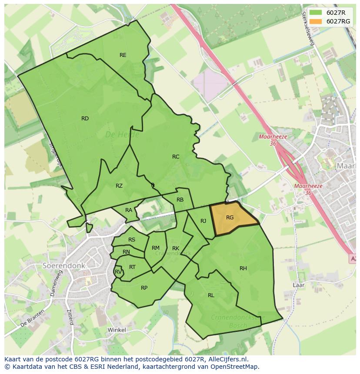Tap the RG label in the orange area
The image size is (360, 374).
(x=230, y=218)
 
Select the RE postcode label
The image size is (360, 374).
(x=123, y=55)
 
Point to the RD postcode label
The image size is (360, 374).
(x=85, y=119)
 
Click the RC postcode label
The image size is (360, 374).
(x=176, y=157)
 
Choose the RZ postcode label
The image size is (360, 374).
(x=119, y=186)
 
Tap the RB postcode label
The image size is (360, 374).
(x=180, y=200)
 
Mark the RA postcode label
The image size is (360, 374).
(x=129, y=210)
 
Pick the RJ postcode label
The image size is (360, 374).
(x=203, y=221)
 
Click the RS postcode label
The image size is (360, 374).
(x=132, y=240)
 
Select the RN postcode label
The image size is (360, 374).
(x=126, y=252)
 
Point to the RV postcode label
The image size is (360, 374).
(x=118, y=272)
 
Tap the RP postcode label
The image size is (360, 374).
(x=144, y=288)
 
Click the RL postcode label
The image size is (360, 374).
(x=211, y=295)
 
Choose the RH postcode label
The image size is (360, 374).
(x=243, y=268)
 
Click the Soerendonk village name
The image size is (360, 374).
(x=64, y=265)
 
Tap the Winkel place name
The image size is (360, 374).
(x=117, y=330)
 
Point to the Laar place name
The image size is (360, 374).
(x=298, y=285)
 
